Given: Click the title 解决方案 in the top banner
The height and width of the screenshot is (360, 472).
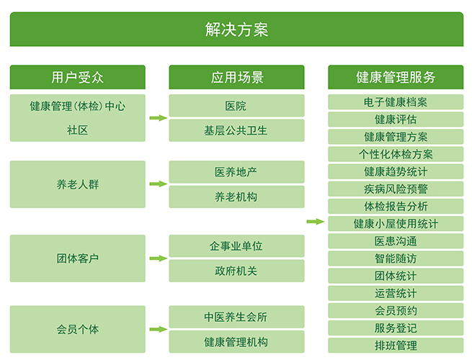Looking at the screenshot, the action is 236,30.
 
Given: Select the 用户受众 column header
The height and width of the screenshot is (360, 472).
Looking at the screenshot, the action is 78,77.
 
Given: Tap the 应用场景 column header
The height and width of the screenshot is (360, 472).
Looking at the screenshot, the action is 236,77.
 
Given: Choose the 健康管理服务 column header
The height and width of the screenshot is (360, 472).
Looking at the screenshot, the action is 396,77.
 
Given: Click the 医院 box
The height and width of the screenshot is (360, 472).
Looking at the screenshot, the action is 236,106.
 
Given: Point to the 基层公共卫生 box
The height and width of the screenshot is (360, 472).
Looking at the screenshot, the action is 236,130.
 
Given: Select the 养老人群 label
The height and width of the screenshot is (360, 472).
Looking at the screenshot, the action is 78,184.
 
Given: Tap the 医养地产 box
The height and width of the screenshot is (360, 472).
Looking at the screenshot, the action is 236,172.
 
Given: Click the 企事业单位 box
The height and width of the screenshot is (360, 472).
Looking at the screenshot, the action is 236,246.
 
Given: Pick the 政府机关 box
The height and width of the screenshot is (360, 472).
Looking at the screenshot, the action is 236,271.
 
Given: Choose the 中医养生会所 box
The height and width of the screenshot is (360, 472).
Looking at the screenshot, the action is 236,317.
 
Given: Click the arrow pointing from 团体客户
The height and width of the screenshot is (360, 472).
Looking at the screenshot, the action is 159,258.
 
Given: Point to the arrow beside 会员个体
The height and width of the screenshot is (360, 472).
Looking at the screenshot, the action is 159,329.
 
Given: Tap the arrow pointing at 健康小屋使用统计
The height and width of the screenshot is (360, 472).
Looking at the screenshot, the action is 316,222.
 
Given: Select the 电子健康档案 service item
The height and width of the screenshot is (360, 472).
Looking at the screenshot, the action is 396,102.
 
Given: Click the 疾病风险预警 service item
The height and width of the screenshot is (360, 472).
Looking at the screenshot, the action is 396,189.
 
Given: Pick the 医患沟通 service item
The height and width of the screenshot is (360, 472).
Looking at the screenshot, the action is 396,241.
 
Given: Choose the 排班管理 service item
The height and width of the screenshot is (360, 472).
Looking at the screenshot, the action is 396,346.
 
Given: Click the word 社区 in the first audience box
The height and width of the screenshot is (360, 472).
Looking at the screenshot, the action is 78,130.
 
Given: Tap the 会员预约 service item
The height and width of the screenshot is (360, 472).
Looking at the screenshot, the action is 396,310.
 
